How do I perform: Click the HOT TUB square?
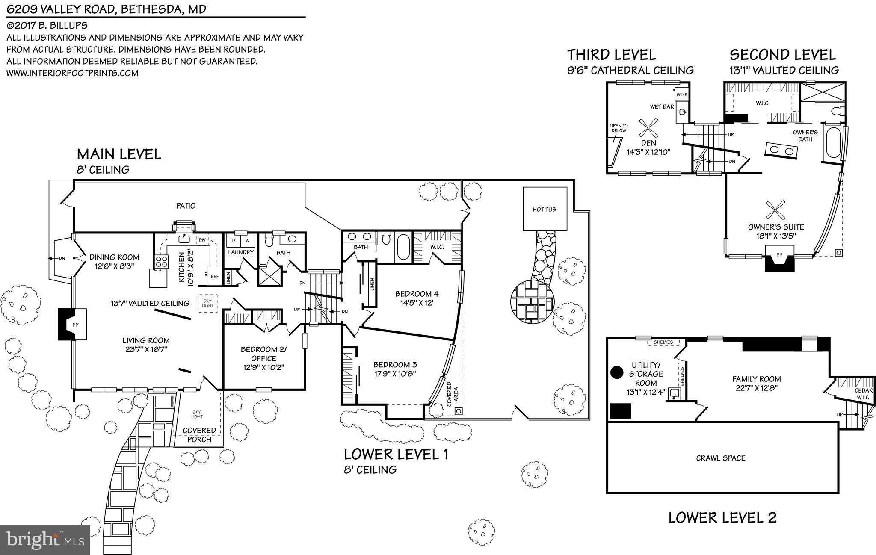point(544,209)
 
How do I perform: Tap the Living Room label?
point(146,341)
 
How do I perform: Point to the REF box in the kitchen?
point(214,276)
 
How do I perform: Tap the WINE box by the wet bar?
point(682,94)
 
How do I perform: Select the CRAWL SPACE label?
point(721,458)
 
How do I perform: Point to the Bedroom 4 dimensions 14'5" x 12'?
point(417,302)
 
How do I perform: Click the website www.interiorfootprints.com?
point(72,73)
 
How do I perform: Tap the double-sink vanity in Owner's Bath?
point(781,150)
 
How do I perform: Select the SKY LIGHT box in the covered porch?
point(197,414)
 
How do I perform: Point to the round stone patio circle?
point(532,301)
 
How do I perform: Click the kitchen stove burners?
point(161,261)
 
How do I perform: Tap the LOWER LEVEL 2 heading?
point(722,518)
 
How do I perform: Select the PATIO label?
point(186,206)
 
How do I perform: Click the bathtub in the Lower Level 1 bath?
point(403,247)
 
